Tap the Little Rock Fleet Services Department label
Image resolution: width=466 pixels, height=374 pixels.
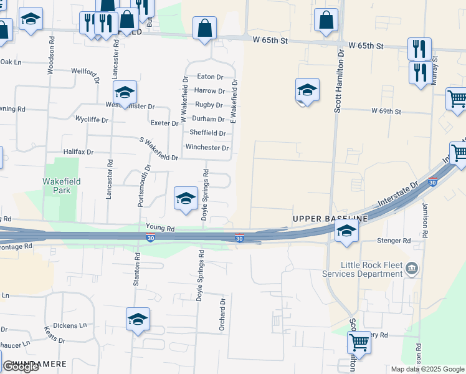tap(363, 269)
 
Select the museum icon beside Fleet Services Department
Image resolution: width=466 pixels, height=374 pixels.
tap(411, 269)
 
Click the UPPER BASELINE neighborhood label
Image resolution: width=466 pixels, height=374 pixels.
tap(330, 219)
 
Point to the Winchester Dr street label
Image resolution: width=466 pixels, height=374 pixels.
tap(207, 148)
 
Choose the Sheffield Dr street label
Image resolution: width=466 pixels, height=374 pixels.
tap(207, 133)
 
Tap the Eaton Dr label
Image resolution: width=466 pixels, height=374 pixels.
tap(210, 77)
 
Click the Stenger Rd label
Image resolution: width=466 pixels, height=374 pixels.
tap(394, 241)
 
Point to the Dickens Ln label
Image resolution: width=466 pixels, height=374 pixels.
tap(70, 325)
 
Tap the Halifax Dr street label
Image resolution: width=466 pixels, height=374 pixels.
tap(78, 151)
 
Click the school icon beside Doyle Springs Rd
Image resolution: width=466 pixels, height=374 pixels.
tap(186, 199)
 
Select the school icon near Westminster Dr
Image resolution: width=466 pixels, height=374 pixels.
tap(125, 93)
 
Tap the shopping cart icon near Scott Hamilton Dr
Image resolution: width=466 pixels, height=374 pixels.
tap(359, 342)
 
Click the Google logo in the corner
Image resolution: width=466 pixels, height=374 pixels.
tap(21, 367)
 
